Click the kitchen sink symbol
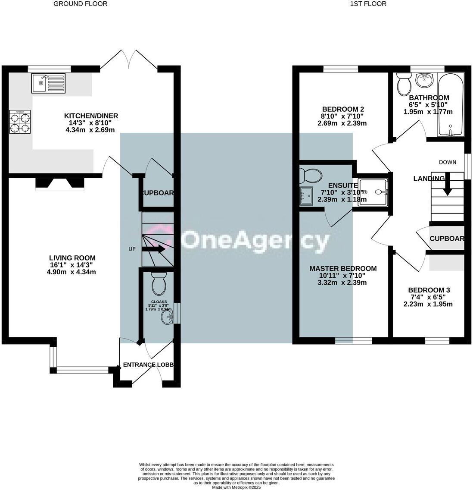[48, 83]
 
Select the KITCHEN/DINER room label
[91, 116]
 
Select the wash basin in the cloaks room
[167, 318]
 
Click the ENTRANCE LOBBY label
[148, 364]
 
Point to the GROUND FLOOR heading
[80, 4]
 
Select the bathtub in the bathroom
[450, 104]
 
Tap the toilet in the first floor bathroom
[404, 84]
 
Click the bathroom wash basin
[425, 80]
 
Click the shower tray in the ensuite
[373, 192]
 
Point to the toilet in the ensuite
[311, 176]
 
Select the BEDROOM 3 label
[429, 290]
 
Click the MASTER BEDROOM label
[343, 268]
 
